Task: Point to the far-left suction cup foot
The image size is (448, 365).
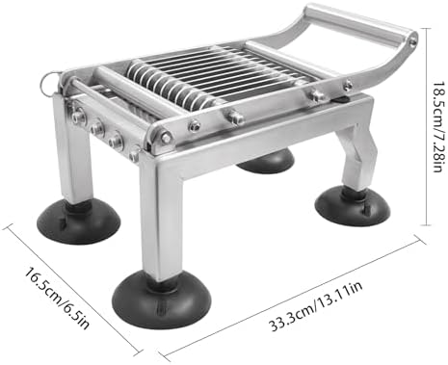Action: pos(79,222)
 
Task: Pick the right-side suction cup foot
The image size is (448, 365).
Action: pos(354,206)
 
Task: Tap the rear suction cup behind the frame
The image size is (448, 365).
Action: pos(265,159)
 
